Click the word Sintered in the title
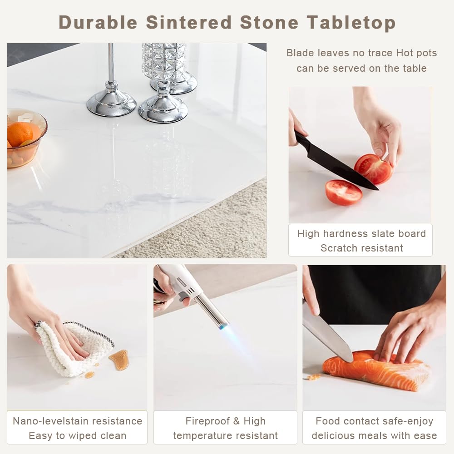point(188,22)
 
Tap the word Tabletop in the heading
point(351,23)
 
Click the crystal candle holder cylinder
point(163,61)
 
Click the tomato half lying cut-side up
point(344,192)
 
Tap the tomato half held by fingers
point(374,169)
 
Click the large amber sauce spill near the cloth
point(119,360)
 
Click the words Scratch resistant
point(362,248)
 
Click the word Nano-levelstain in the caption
point(50,421)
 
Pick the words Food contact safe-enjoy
point(375,421)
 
